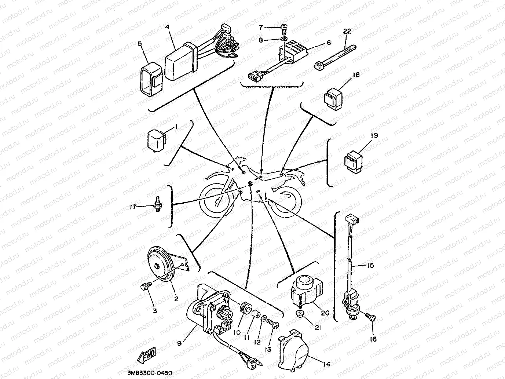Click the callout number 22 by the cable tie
pos(347,32)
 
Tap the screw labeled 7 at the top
pos(284,27)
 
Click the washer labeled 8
pos(284,39)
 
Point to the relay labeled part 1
pos(156,139)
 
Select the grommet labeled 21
pos(301,314)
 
